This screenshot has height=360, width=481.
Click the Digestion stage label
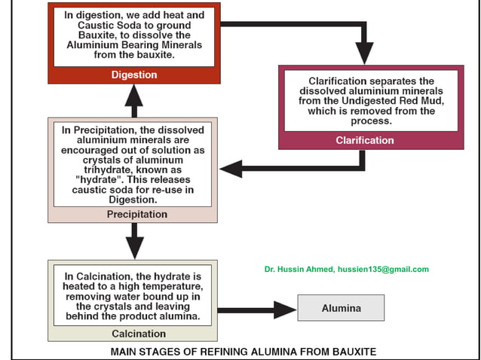click(133, 75)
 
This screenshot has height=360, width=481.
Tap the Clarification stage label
click(364, 140)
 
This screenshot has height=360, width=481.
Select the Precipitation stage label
click(133, 215)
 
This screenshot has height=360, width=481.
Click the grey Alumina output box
click(341, 308)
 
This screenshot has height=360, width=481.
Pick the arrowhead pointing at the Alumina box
click(285, 309)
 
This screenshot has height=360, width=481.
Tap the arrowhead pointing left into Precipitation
click(231, 169)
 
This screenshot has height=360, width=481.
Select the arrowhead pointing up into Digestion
click(134, 94)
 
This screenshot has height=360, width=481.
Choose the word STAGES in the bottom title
click(158, 352)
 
